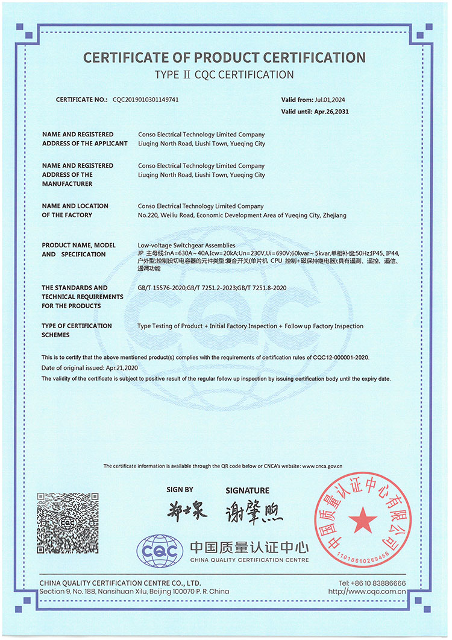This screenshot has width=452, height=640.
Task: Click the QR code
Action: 67,523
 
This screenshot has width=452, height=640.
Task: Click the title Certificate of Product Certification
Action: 224,58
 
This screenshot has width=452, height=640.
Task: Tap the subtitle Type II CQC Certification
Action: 224,75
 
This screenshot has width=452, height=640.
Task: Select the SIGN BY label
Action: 180,490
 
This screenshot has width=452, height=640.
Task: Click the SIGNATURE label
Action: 247,490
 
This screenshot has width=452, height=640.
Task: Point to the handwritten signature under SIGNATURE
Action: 254,513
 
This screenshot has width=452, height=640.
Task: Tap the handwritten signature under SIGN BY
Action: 187,512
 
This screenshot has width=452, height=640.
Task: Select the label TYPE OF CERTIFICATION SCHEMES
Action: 77,330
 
